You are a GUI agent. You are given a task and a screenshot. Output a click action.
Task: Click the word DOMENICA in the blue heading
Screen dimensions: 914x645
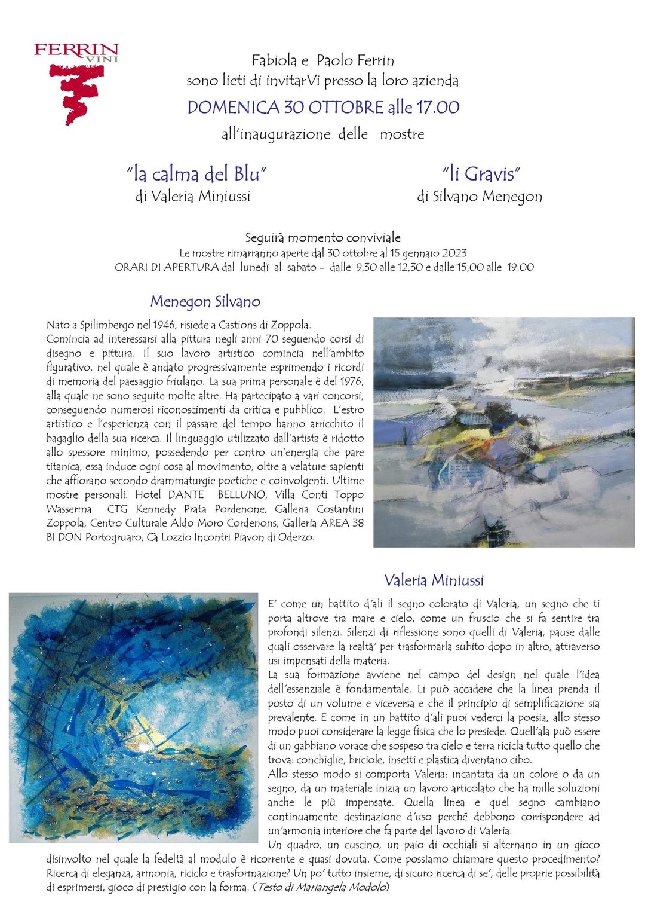(234, 108)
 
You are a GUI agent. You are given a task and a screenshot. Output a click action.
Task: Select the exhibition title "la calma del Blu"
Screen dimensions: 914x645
(196, 174)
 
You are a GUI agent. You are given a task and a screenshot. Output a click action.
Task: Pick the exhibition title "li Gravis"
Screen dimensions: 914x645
(481, 174)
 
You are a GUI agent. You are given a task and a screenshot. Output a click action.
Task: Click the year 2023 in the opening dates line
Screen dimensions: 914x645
(454, 253)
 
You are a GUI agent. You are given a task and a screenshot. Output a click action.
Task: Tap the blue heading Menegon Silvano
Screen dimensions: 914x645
(205, 301)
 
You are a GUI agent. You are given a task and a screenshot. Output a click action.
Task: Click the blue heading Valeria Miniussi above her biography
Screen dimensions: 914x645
(434, 580)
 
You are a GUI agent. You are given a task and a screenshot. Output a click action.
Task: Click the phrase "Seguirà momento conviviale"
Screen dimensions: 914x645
(323, 237)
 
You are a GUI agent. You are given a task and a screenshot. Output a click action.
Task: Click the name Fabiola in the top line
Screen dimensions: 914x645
(274, 60)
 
